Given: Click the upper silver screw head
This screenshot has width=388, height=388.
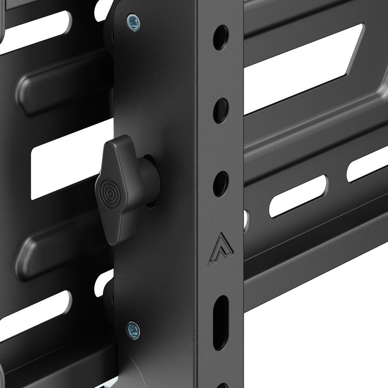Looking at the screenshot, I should (x=133, y=22).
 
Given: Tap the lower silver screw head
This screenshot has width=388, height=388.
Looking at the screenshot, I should (x=133, y=329).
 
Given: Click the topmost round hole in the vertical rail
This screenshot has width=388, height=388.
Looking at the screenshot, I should (x=220, y=37).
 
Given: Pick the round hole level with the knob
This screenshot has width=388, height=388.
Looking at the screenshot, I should (x=220, y=183).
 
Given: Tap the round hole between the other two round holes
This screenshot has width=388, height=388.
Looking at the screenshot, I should (x=220, y=110).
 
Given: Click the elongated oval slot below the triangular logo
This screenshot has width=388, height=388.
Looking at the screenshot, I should (x=220, y=322).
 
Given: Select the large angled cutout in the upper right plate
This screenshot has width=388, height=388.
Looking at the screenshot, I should (x=302, y=65).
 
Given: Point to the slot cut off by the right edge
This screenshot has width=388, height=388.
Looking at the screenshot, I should (x=368, y=164).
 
